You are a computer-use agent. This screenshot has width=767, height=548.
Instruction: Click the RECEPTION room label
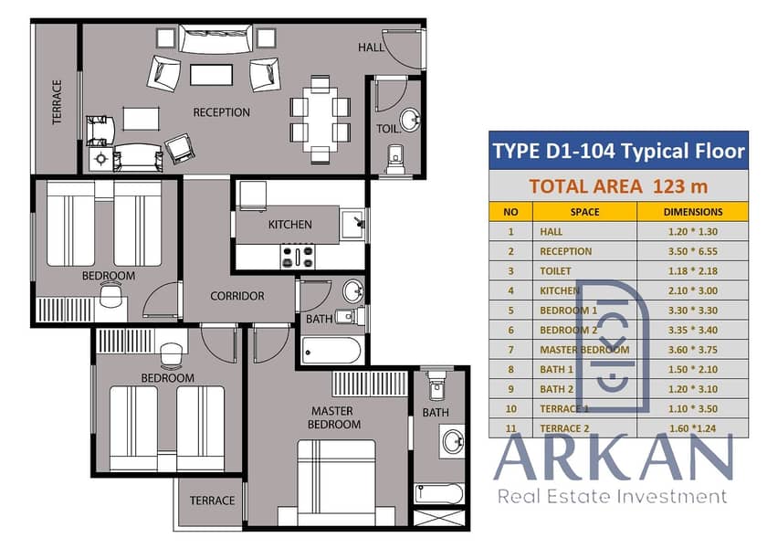(x=222, y=112)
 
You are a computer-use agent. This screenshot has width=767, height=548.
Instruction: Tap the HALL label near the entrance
(x=372, y=47)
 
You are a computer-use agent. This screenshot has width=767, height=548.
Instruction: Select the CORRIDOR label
(x=237, y=296)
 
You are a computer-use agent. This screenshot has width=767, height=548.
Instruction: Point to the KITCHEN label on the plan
(x=290, y=225)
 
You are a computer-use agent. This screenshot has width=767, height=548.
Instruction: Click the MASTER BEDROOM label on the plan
(x=334, y=418)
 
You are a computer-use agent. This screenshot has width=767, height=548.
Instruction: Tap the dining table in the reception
(x=320, y=120)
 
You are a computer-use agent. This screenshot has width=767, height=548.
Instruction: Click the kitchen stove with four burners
(x=298, y=257)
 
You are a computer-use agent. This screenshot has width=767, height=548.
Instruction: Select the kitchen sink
(x=352, y=224)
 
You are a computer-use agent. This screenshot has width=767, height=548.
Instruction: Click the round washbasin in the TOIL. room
(x=410, y=120)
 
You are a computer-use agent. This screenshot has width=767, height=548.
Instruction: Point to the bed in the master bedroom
(x=337, y=482)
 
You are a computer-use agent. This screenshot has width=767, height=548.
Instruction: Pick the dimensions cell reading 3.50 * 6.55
(x=693, y=251)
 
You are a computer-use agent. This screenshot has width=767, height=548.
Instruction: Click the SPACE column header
(x=584, y=212)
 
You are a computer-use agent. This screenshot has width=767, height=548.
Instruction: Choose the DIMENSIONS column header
(x=693, y=212)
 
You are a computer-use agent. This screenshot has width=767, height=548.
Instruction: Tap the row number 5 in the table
(x=510, y=311)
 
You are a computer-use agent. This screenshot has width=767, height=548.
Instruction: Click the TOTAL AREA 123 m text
(x=618, y=186)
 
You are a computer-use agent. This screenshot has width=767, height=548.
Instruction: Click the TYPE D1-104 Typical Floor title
(x=618, y=151)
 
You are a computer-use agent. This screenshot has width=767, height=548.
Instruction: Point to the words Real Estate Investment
(x=612, y=497)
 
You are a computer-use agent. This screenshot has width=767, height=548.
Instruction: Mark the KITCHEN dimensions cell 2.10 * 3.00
(x=693, y=290)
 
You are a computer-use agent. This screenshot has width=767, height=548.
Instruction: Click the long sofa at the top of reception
(x=215, y=38)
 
